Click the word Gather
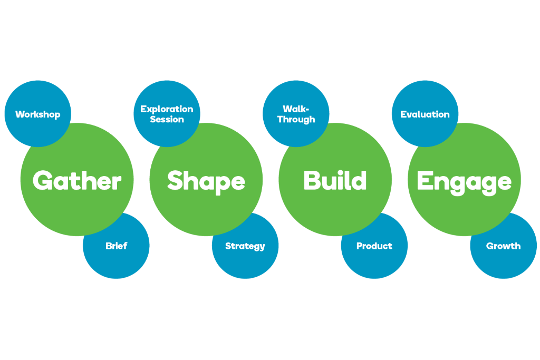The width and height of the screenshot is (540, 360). tap(77, 181)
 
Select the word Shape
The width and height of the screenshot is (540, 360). tap(206, 181)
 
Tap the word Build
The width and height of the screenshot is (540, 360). tap(335, 181)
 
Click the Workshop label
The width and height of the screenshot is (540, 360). tap(38, 114)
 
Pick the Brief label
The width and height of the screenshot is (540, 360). tap(116, 246)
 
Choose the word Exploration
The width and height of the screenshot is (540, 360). tap(167, 110)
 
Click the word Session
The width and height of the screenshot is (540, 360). tap(167, 120)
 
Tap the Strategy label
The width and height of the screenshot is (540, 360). tap(245, 246)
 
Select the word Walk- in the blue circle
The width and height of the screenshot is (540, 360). tap(296, 110)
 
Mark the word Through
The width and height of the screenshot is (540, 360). tap(296, 120)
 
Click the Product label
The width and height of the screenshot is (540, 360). tap(374, 246)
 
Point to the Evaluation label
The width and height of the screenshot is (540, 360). tap(425, 114)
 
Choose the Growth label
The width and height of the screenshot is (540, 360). tap(504, 246)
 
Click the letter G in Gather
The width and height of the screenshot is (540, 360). tap(43, 181)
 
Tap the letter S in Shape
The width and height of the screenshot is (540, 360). tap(175, 180)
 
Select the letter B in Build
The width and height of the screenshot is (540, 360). tap(312, 180)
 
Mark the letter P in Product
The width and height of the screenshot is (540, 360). tap(360, 246)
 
